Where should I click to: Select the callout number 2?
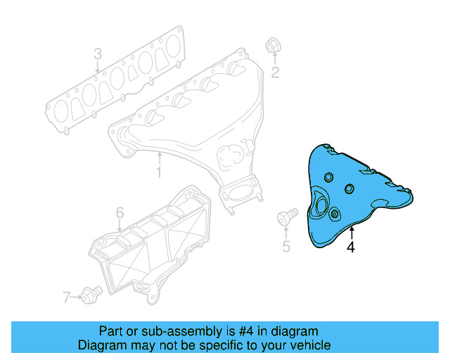(x=276, y=72)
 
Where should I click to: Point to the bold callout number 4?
(x=350, y=247)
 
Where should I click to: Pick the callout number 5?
(x=286, y=246)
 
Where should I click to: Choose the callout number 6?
(x=120, y=212)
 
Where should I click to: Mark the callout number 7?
(x=67, y=297)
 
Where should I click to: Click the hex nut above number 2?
(x=271, y=46)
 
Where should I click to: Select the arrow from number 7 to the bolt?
(x=77, y=297)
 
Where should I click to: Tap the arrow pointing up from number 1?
(x=160, y=157)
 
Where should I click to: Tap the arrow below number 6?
(x=120, y=225)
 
